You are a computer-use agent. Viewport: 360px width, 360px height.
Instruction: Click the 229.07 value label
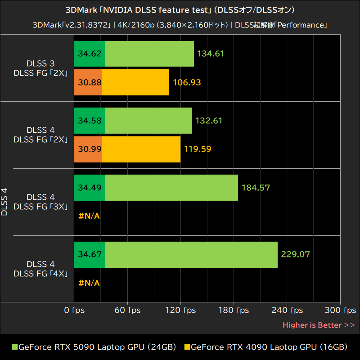[x=295, y=254]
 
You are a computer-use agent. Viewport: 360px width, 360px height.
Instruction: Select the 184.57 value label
[x=256, y=188]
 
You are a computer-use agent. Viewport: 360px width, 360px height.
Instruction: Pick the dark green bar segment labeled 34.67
[x=90, y=254]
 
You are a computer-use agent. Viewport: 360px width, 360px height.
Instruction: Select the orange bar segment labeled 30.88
[x=88, y=82]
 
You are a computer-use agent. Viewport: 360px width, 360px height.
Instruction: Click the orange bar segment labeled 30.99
[x=88, y=148]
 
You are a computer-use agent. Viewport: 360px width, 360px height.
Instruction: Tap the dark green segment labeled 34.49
[x=89, y=188]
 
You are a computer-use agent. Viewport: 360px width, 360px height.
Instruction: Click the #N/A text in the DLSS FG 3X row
[x=89, y=216]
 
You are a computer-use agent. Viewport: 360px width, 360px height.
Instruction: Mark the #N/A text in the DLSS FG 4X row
[x=89, y=283]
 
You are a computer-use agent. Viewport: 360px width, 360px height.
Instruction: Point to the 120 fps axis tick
[x=180, y=310]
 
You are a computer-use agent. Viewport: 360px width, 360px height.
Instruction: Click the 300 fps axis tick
[x=340, y=310]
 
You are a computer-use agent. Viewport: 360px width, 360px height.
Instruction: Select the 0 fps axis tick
[x=74, y=310]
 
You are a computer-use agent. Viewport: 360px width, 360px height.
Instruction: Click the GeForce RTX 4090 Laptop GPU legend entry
[x=265, y=347]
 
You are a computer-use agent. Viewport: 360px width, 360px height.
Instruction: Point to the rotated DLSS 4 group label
[x=5, y=202]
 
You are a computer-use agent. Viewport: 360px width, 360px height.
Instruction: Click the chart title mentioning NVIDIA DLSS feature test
[x=180, y=10]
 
